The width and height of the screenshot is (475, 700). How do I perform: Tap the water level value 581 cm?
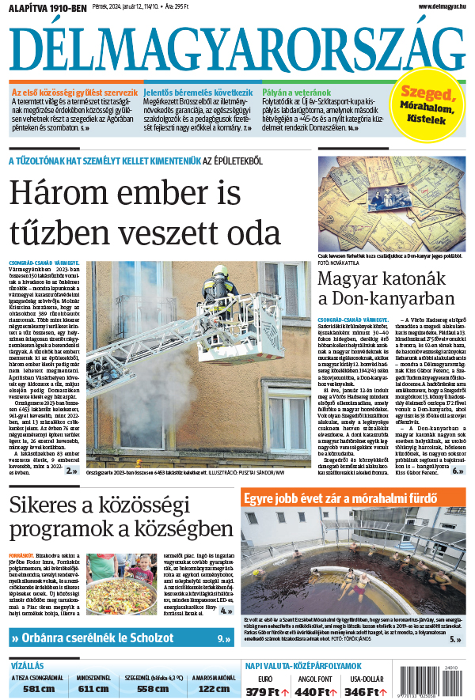(38, 688)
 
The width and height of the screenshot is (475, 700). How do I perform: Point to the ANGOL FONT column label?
(315, 678)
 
